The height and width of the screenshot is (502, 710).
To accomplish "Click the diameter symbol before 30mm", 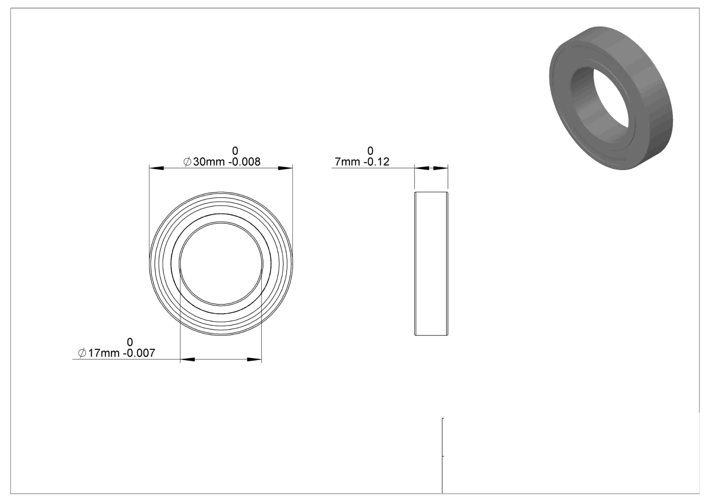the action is (187, 162).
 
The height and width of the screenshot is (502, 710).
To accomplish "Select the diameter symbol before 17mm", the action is (82, 353).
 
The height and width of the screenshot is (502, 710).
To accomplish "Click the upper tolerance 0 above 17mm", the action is (129, 342).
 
